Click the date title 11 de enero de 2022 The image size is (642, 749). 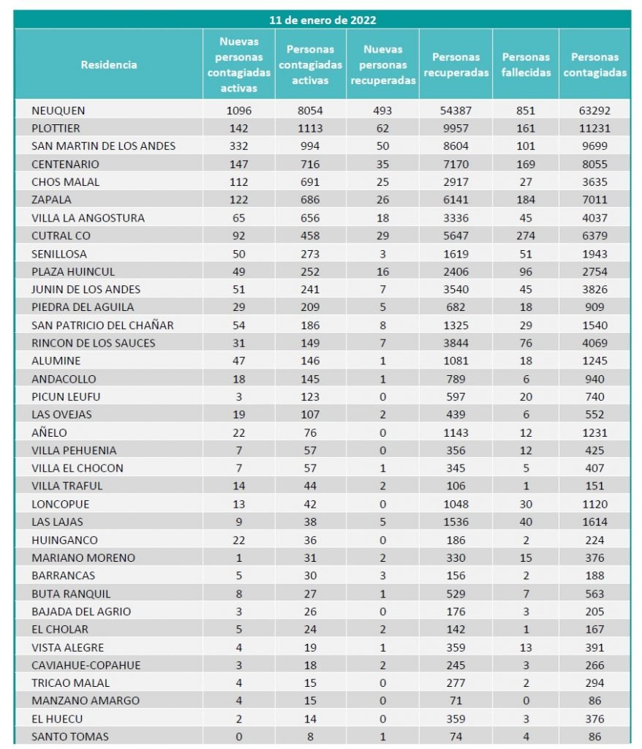(322, 20)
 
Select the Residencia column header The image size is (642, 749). (109, 64)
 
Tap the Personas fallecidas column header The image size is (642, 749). (526, 64)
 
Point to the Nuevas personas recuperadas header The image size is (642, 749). (383, 64)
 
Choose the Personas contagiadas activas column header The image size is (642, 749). (310, 64)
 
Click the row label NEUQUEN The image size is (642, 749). (58, 110)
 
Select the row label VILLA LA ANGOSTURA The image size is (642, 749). (88, 218)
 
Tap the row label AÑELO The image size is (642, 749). (50, 432)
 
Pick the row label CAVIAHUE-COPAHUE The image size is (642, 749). (86, 665)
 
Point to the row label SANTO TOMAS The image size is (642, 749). (70, 737)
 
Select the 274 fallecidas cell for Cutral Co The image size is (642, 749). (525, 236)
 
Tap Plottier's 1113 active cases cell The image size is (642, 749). (310, 128)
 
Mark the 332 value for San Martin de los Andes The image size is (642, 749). (239, 146)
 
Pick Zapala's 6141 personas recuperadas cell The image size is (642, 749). (456, 200)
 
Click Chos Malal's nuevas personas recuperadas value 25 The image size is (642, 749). (382, 182)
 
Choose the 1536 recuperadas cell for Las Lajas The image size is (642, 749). (456, 522)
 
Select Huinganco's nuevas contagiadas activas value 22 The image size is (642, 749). (239, 540)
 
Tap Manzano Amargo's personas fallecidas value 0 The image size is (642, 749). (525, 701)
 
